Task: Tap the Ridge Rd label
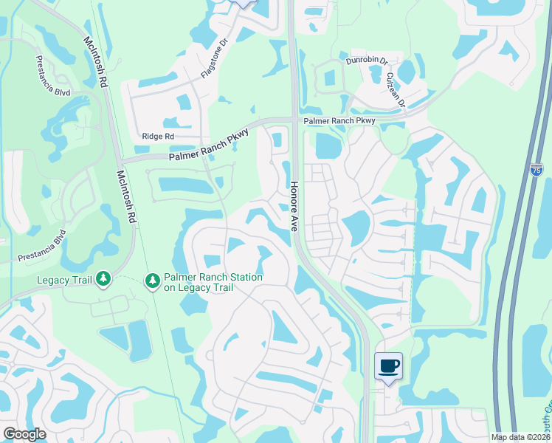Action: click(158, 137)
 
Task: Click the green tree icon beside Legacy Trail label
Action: click(104, 278)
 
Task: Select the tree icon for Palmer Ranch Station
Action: click(153, 281)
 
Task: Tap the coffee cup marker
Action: click(389, 365)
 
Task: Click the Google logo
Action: click(24, 434)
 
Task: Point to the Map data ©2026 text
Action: click(520, 437)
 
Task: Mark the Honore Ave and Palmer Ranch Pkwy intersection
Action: click(294, 120)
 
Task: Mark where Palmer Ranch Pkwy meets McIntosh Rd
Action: click(120, 160)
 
